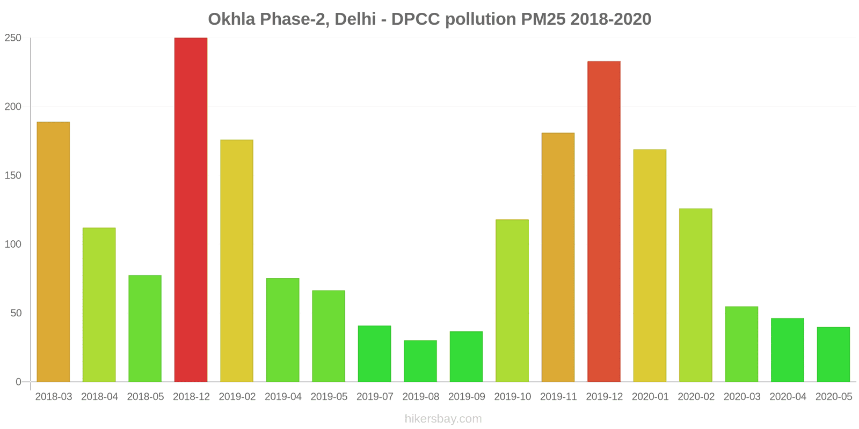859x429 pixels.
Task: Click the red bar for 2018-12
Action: [191, 210]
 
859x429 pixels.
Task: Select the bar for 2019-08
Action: [420, 361]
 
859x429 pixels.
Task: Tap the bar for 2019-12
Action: [604, 221]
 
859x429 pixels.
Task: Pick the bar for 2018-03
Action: [53, 252]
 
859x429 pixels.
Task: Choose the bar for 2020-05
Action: [833, 354]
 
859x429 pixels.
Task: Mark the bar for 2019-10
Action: [512, 301]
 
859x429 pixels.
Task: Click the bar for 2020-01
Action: [650, 265]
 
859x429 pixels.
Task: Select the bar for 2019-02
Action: [237, 261]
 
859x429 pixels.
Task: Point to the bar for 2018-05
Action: [145, 329]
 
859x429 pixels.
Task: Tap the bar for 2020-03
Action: [741, 344]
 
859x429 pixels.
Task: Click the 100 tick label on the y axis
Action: [13, 245]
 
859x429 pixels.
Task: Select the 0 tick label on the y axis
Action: [19, 382]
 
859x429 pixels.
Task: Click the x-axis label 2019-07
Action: [375, 397]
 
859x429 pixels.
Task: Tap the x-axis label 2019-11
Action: [558, 397]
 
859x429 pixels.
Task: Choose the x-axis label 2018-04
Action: [99, 397]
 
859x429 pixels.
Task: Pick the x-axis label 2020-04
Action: [788, 397]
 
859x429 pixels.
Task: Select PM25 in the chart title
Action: [543, 19]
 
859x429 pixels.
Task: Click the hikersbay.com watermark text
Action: [443, 419]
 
